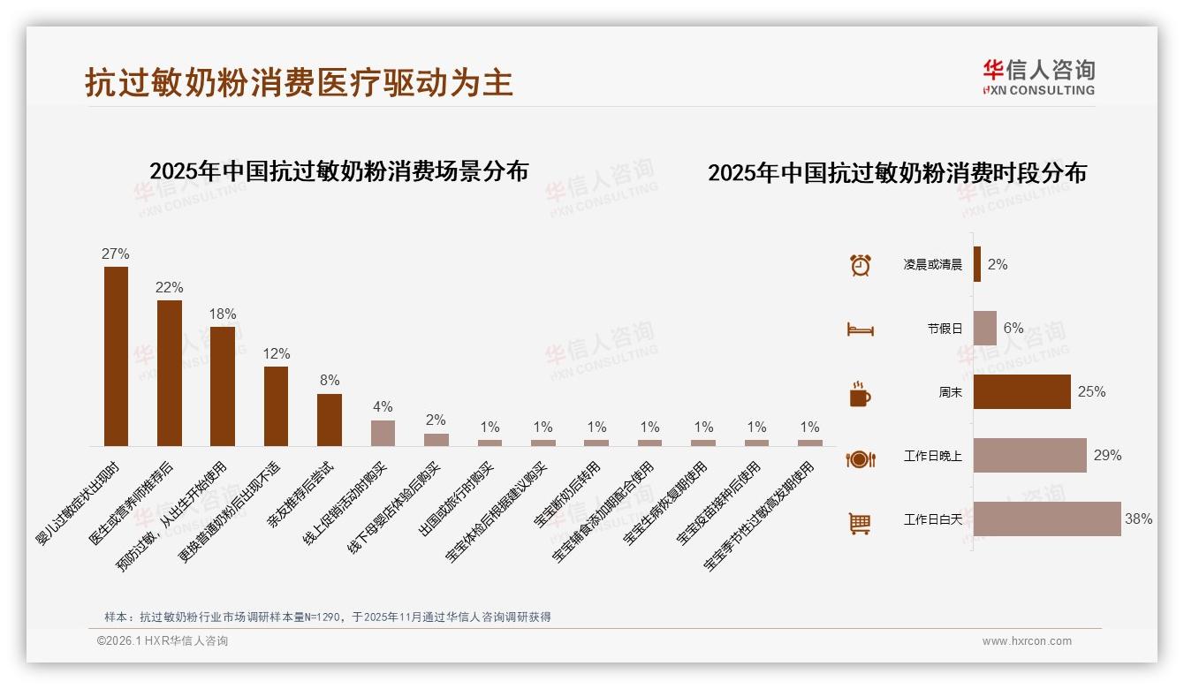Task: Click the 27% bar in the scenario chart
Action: tap(116, 356)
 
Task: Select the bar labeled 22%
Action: tap(170, 373)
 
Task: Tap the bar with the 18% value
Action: tap(223, 386)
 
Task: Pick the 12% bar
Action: tap(276, 405)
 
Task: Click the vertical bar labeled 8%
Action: tap(330, 420)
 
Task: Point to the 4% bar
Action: tap(383, 433)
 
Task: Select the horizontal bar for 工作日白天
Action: tap(1047, 519)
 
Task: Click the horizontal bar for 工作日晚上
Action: tap(1030, 456)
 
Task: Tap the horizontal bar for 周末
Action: tap(1022, 392)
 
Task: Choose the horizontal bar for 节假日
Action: tap(985, 328)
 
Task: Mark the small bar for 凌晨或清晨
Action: tap(977, 264)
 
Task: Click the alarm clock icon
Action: tap(861, 265)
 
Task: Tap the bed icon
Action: tap(861, 329)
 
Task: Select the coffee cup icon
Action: tap(860, 394)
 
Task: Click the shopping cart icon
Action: tap(860, 523)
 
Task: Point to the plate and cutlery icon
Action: tap(861, 458)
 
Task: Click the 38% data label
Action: tap(1138, 519)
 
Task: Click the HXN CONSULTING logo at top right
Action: tap(1038, 78)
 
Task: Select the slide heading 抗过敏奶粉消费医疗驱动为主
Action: tap(299, 83)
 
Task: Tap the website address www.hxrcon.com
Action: tap(1027, 641)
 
